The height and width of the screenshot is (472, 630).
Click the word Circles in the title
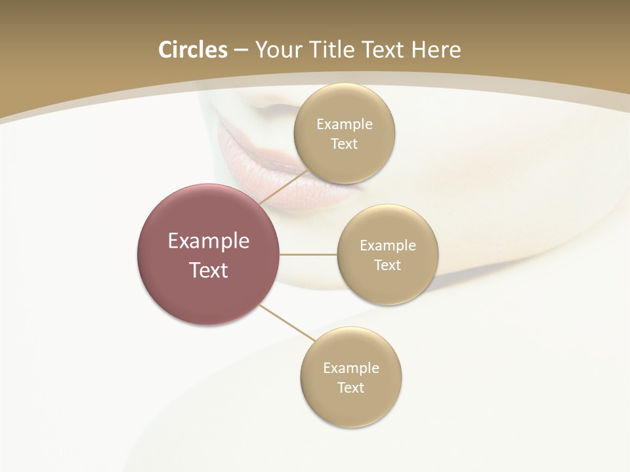click(192, 50)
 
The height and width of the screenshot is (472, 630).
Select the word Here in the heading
click(436, 50)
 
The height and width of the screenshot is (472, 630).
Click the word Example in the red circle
click(209, 241)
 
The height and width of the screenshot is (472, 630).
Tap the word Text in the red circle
click(209, 270)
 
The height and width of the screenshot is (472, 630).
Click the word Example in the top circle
click(344, 124)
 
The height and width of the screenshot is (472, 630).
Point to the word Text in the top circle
click(344, 144)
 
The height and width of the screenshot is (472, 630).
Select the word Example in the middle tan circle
click(387, 245)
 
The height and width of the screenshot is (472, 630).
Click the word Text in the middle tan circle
click(387, 265)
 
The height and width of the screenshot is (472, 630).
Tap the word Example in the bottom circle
click(350, 368)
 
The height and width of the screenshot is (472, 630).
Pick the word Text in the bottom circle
click(350, 387)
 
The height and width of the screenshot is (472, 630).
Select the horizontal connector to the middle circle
click(308, 254)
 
